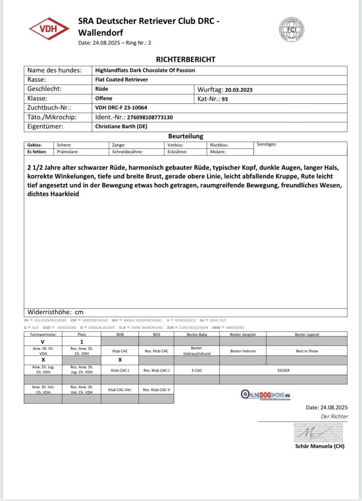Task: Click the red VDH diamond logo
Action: (49, 29)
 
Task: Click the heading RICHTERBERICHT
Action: (185, 59)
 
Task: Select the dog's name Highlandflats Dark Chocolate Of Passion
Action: (145, 70)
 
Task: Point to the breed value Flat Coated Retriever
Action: (121, 79)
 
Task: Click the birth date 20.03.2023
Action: (238, 90)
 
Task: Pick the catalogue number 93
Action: (225, 99)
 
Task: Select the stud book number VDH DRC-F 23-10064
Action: (121, 108)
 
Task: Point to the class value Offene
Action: (103, 98)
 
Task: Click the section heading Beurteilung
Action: (185, 136)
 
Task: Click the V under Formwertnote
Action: (43, 341)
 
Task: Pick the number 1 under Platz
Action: (81, 341)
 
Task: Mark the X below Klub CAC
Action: (120, 360)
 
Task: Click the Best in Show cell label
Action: (307, 351)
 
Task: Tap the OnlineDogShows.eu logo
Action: (272, 394)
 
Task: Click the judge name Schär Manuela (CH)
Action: (320, 446)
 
